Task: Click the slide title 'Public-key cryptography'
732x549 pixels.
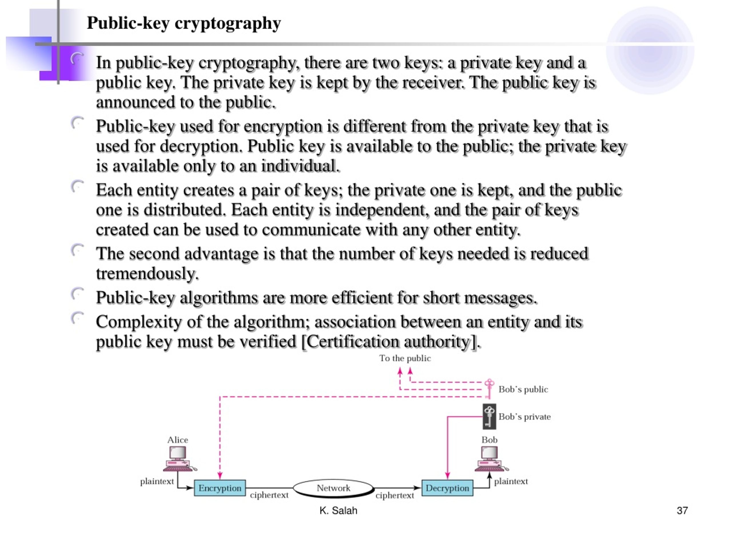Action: [184, 23]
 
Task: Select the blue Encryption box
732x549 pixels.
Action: [220, 488]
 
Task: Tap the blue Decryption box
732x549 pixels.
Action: [447, 488]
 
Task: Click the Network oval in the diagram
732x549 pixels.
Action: [334, 488]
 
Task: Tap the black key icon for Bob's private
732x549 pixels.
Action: [490, 416]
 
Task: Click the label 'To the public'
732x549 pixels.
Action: [405, 358]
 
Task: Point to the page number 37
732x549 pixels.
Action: [682, 511]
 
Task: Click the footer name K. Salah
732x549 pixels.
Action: [338, 511]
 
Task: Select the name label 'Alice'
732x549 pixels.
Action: [178, 440]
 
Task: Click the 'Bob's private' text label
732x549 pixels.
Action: [524, 417]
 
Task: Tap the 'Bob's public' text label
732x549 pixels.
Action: [523, 389]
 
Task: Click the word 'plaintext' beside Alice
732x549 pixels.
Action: [157, 482]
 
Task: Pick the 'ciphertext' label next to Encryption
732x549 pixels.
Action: [269, 495]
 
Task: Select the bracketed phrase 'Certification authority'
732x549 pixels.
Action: [391, 341]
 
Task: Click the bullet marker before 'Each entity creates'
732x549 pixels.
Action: [77, 186]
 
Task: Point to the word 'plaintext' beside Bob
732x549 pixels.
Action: [511, 482]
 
